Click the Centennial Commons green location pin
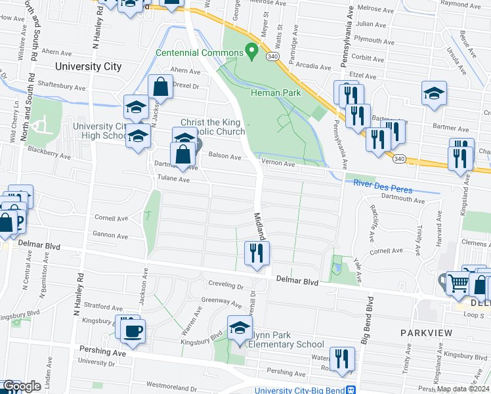(x=250, y=51)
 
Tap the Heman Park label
(x=276, y=93)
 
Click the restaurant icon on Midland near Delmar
(x=257, y=253)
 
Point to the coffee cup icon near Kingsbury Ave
(x=133, y=330)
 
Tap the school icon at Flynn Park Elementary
(x=240, y=327)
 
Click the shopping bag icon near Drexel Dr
(x=160, y=87)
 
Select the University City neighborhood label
(x=89, y=66)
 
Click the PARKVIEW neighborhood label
(x=426, y=333)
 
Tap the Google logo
(x=22, y=387)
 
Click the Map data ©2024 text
(x=462, y=388)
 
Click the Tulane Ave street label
(x=173, y=179)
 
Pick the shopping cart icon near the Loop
(x=459, y=283)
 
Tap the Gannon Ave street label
(x=110, y=234)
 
